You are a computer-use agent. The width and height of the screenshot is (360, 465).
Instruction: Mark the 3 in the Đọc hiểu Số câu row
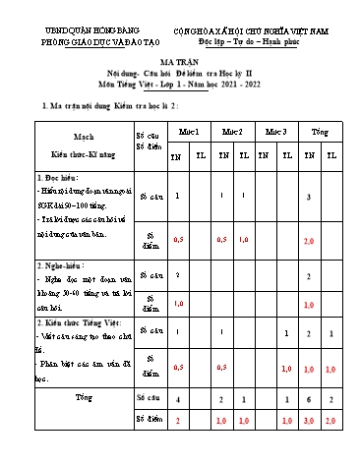pyautogui.click(x=309, y=198)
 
